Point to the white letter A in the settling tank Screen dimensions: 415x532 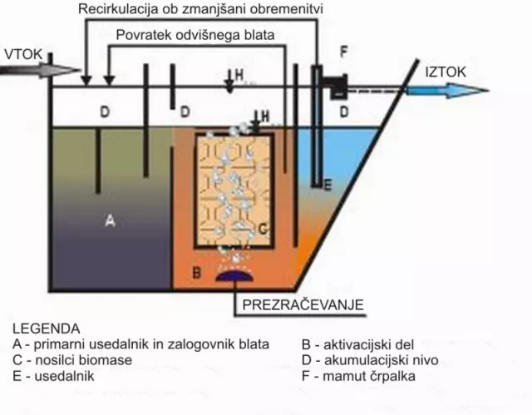[x=110, y=222]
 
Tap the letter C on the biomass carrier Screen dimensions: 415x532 [x=260, y=227]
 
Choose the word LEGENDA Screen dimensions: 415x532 [x=47, y=329]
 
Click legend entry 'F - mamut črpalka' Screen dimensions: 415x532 [x=358, y=376]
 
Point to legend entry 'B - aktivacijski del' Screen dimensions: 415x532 [x=365, y=344]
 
